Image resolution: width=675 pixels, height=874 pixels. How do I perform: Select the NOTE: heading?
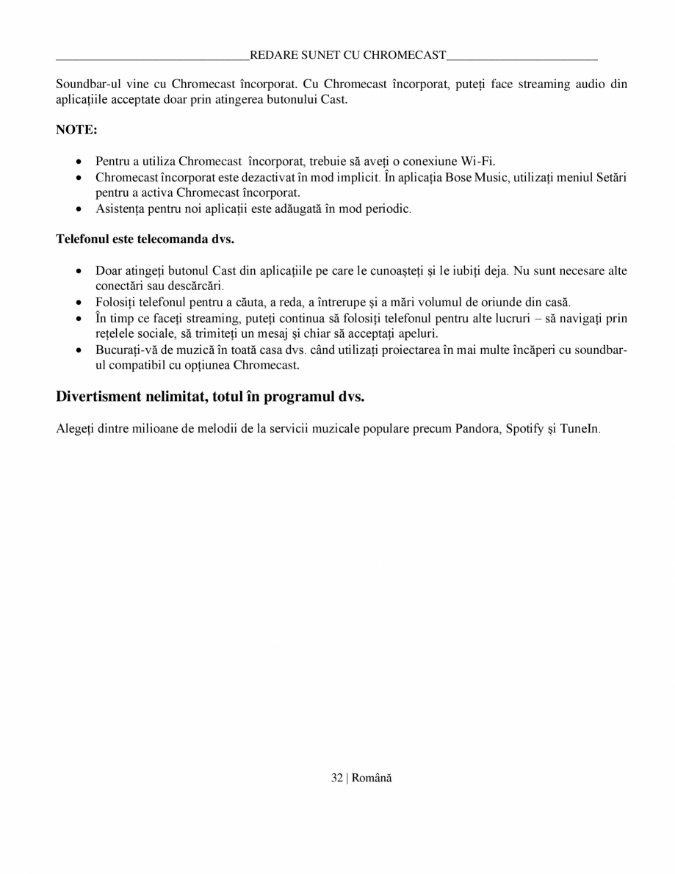click(76, 130)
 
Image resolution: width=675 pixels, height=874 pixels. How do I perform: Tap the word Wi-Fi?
click(477, 162)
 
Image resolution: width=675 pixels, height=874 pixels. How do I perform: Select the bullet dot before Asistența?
click(79, 209)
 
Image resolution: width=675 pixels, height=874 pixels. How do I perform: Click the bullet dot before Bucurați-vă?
click(79, 350)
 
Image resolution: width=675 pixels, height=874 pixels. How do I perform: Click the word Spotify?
click(523, 429)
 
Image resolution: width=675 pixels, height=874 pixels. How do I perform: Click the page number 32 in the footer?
click(337, 779)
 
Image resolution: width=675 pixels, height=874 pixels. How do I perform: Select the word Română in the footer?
click(372, 779)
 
